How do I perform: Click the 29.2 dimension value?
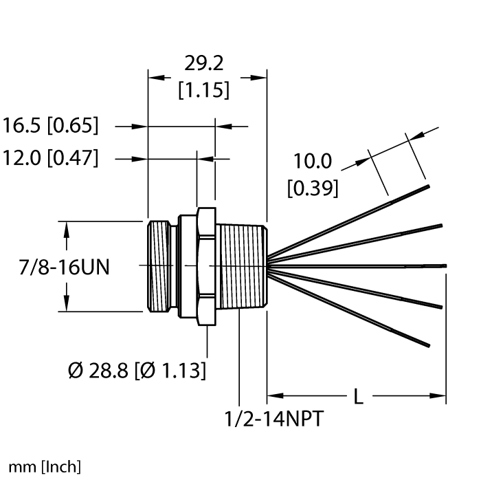tap(205, 64)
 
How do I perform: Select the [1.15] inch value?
tap(204, 90)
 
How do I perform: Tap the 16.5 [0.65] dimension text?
tap(51, 127)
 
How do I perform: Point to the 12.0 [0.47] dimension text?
tap(51, 159)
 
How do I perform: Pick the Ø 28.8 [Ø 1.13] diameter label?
tap(137, 371)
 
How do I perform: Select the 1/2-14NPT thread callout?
tap(273, 419)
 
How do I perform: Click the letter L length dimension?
tap(358, 397)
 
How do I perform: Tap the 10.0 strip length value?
tap(313, 162)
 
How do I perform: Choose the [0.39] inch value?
tap(313, 188)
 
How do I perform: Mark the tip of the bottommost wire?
tap(429, 345)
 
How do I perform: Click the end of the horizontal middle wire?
tap(445, 265)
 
